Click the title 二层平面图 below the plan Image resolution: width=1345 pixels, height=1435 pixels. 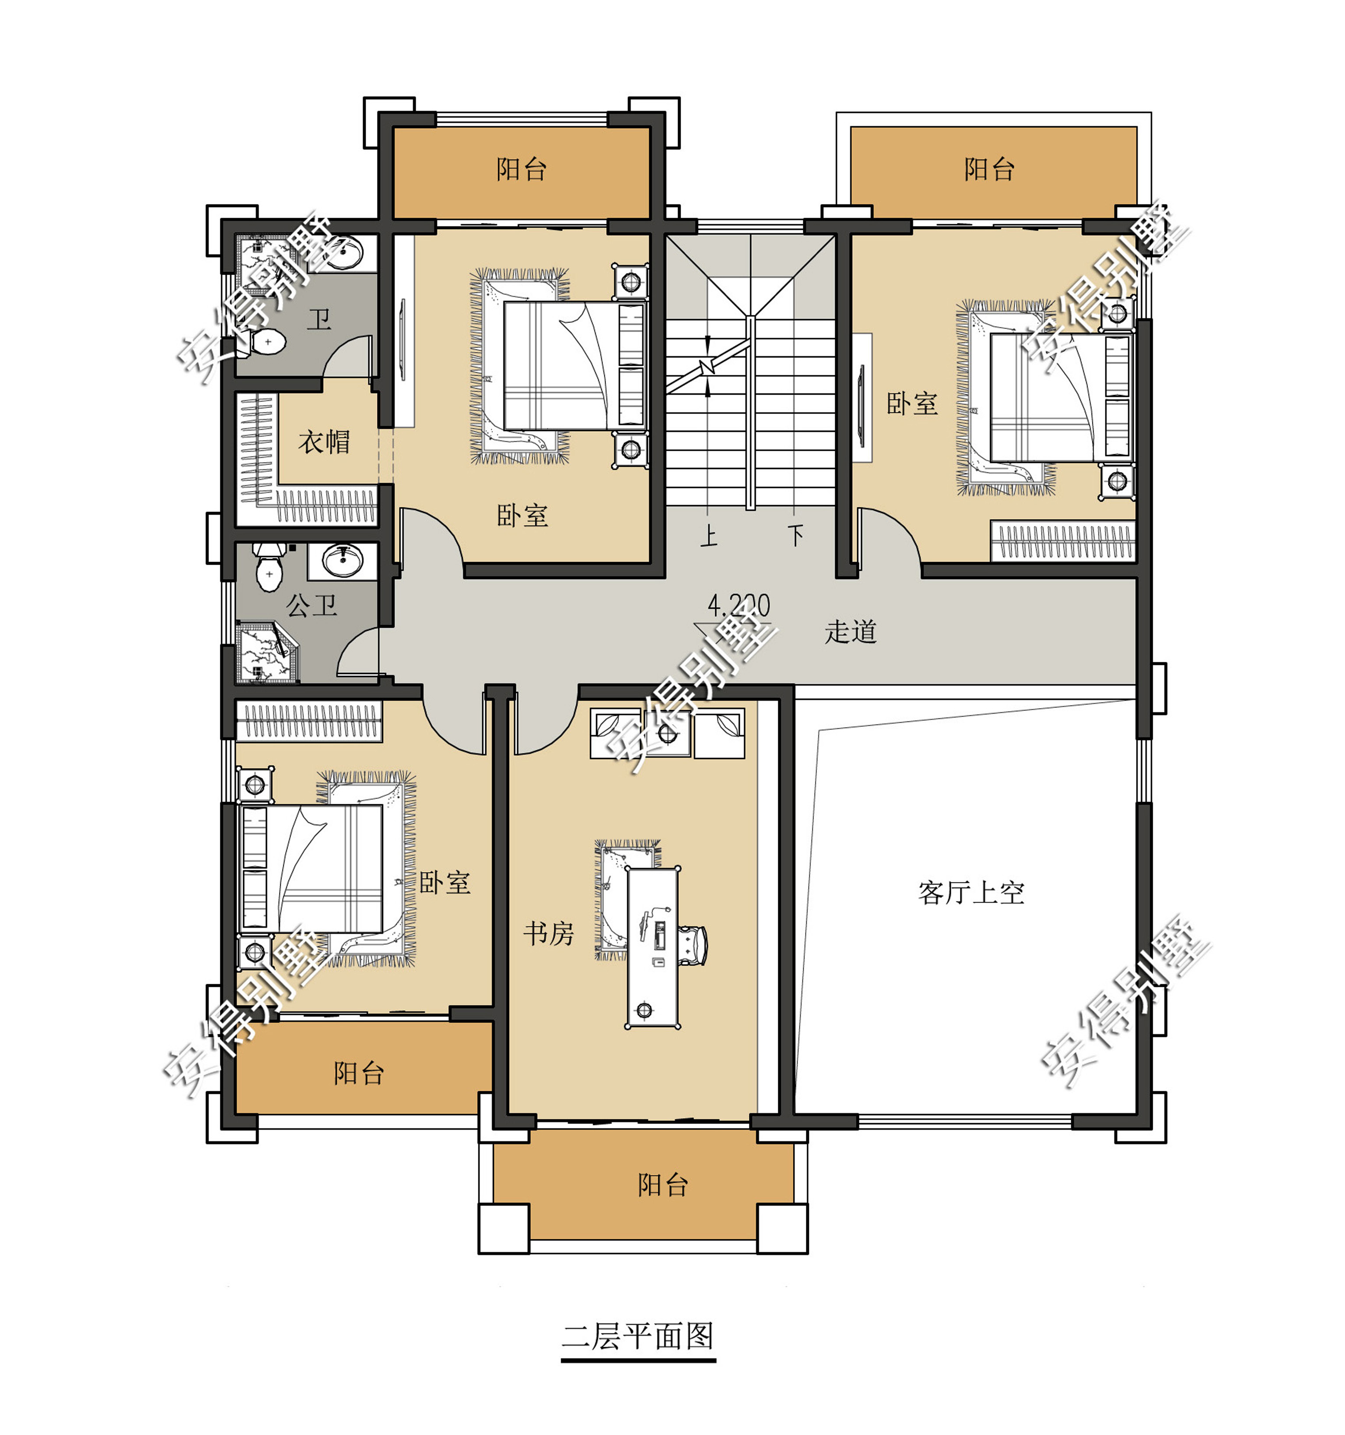pyautogui.click(x=638, y=1336)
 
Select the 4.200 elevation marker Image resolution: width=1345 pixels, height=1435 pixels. pyautogui.click(x=738, y=606)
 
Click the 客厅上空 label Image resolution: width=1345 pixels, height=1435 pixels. pyautogui.click(x=971, y=893)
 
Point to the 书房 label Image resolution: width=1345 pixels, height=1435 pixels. pyautogui.click(x=548, y=933)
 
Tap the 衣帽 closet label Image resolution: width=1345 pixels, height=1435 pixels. pyautogui.click(x=324, y=442)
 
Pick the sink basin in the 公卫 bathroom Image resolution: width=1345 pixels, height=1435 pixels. pyautogui.click(x=343, y=561)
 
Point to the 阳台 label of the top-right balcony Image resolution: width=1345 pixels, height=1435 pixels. pyautogui.click(x=989, y=169)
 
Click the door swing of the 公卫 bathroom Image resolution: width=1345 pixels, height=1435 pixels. pyautogui.click(x=358, y=652)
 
